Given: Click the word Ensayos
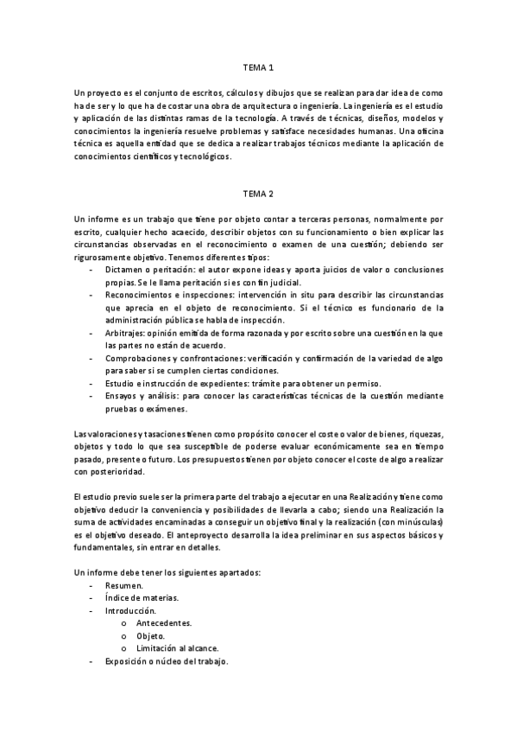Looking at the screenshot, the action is click(x=123, y=395).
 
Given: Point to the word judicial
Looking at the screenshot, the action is click(x=282, y=283).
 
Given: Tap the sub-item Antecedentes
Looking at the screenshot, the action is click(x=164, y=623).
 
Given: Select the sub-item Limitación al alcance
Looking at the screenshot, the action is click(x=177, y=648).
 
